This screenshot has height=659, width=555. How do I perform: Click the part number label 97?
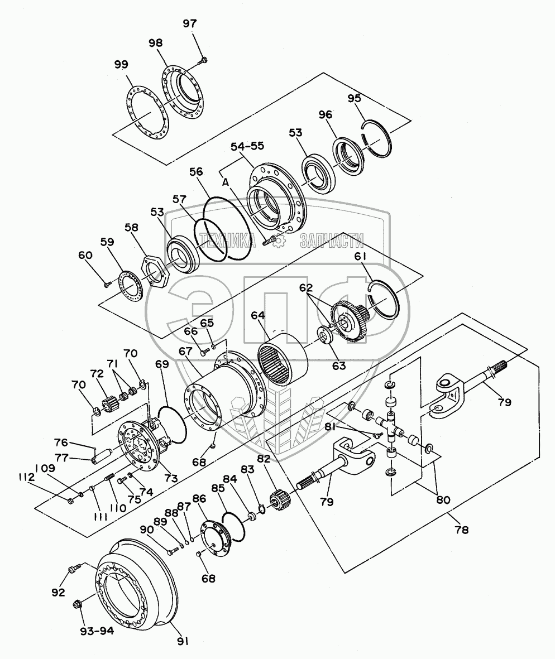(x=190, y=23)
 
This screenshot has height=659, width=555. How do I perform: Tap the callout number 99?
(x=121, y=65)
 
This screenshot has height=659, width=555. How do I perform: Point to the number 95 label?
(x=354, y=99)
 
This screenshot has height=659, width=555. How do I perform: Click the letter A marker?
(x=226, y=182)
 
